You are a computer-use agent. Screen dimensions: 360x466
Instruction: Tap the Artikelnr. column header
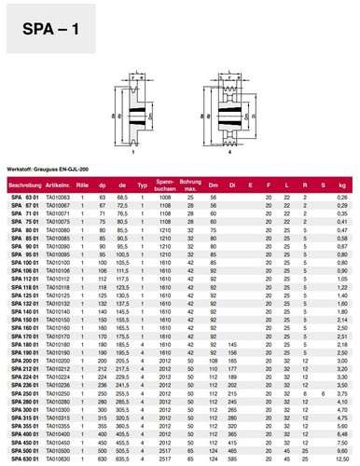pos(59,187)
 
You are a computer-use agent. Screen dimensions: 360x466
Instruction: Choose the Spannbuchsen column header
pos(163,187)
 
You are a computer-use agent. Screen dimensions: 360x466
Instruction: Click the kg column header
pos(342,187)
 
